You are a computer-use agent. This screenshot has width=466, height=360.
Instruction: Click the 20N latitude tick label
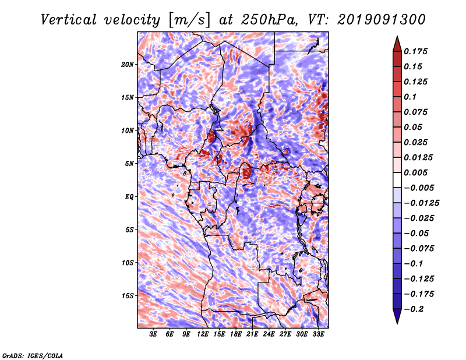[128, 65]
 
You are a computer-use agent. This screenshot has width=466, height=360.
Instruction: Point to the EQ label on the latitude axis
[129, 197]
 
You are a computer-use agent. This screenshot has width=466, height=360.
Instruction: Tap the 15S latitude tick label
[128, 296]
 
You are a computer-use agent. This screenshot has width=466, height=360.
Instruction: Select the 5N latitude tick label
[129, 164]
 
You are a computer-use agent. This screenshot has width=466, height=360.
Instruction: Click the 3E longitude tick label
[153, 334]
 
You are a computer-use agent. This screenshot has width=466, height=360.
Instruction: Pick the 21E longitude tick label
[252, 334]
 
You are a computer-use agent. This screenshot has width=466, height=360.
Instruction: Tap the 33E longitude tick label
[318, 334]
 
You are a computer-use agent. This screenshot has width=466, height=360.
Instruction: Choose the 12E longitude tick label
[203, 334]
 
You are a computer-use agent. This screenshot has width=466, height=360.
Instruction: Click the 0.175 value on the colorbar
[415, 51]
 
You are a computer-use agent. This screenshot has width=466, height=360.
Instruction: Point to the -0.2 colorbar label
[414, 309]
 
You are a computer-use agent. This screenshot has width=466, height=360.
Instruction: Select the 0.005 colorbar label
[415, 172]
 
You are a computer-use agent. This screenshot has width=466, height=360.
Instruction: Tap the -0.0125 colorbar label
[421, 203]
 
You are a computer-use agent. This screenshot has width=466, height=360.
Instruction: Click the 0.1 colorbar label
[410, 97]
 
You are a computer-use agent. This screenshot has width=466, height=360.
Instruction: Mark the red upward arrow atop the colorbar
[397, 44]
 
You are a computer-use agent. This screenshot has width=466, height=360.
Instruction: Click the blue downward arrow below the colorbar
[397, 316]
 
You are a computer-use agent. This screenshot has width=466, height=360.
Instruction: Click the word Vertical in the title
[69, 20]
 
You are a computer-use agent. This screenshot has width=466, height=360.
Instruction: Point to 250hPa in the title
[269, 20]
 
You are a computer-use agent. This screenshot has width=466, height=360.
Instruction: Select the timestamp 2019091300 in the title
[382, 20]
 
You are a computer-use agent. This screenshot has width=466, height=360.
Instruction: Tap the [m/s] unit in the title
[189, 20]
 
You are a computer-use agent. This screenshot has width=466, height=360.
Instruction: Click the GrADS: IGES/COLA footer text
[33, 355]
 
